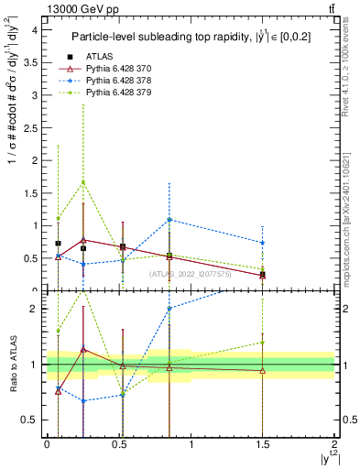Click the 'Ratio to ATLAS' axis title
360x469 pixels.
pyautogui.click(x=12, y=365)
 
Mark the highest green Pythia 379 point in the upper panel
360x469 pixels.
pyautogui.click(x=83, y=181)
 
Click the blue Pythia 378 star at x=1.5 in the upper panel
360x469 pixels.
pyautogui.click(x=263, y=243)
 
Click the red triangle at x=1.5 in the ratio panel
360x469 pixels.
pyautogui.click(x=263, y=371)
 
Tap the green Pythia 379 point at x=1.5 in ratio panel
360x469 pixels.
pyautogui.click(x=263, y=343)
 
